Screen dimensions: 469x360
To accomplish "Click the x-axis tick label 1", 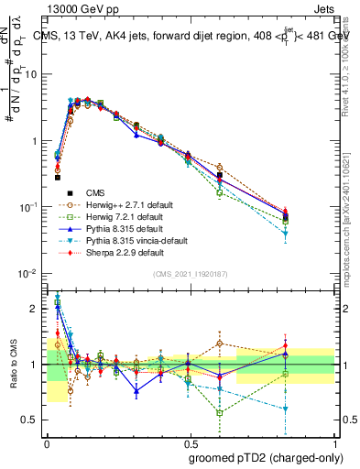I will tap(334, 442).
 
